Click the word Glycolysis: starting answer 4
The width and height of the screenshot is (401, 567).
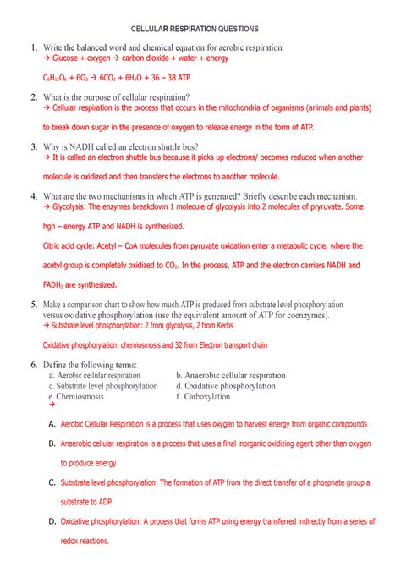tap(74, 206)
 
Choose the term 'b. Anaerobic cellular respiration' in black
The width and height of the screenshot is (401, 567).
tap(230, 375)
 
